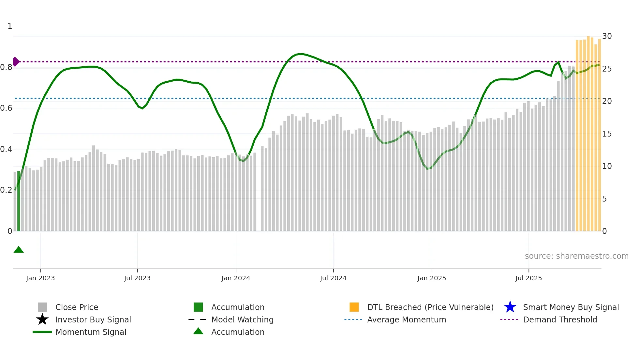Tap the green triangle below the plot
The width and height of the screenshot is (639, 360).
19,250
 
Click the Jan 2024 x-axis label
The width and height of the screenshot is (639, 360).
236,278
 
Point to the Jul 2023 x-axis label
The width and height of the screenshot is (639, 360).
137,278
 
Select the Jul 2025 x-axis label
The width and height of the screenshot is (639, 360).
528,278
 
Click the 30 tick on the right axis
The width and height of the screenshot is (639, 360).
607,36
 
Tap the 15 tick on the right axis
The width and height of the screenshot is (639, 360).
607,134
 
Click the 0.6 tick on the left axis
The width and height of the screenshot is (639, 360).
6,108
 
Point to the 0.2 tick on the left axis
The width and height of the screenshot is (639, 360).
6,190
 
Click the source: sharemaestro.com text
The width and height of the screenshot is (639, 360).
576,256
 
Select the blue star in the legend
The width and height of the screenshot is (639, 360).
510,307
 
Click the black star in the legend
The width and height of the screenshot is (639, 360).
42,319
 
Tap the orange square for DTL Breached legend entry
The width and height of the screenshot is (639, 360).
354,307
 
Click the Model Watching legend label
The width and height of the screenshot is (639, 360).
242,319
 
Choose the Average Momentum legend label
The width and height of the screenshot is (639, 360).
407,319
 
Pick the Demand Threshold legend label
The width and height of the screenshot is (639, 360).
560,319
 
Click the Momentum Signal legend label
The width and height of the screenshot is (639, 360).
91,332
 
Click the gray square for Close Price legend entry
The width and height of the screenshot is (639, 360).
42,307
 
